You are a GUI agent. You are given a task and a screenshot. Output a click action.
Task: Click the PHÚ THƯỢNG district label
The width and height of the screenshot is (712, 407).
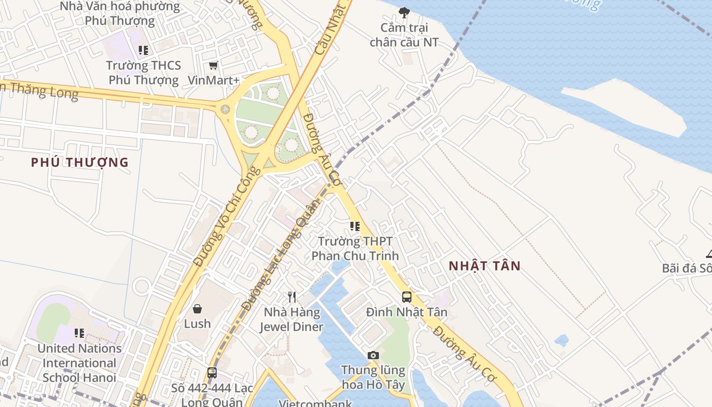79,162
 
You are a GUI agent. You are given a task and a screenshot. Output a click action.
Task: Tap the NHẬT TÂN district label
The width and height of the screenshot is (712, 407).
485,266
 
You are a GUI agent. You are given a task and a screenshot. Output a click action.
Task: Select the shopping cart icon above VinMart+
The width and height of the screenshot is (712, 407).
214,66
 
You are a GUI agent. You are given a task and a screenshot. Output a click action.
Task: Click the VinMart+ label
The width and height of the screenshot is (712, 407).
214,80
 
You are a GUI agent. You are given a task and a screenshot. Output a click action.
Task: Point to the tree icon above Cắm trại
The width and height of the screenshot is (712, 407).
404,12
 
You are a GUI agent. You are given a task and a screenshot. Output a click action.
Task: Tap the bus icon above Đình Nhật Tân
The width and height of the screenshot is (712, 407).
407,297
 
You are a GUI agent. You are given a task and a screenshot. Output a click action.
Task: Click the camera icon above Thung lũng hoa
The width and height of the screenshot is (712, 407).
373,355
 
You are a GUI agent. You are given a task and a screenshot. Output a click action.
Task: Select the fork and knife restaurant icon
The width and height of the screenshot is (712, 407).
292,297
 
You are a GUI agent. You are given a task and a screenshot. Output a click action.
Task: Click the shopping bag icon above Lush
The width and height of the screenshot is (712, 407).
197,309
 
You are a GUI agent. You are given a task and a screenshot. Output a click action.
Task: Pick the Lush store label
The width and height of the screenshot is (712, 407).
197,324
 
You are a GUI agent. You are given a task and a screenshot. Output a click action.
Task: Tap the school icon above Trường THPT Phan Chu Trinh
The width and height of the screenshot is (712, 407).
355,226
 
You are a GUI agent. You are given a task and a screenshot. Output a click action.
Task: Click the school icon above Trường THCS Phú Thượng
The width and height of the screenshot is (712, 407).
143,50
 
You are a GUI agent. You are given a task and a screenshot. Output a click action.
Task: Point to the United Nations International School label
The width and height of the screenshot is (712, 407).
79,363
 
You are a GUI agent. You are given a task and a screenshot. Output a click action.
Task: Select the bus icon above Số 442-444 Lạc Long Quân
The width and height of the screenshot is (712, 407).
212,373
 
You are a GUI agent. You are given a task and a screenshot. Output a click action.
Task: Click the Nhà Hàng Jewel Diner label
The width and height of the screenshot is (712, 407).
292,319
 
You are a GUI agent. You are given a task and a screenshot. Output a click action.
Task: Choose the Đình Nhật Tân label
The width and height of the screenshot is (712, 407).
407,312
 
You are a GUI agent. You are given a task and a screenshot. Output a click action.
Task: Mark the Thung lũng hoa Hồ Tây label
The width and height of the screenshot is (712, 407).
373,377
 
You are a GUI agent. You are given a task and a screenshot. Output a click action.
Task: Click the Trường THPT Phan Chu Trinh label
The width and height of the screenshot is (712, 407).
355,248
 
